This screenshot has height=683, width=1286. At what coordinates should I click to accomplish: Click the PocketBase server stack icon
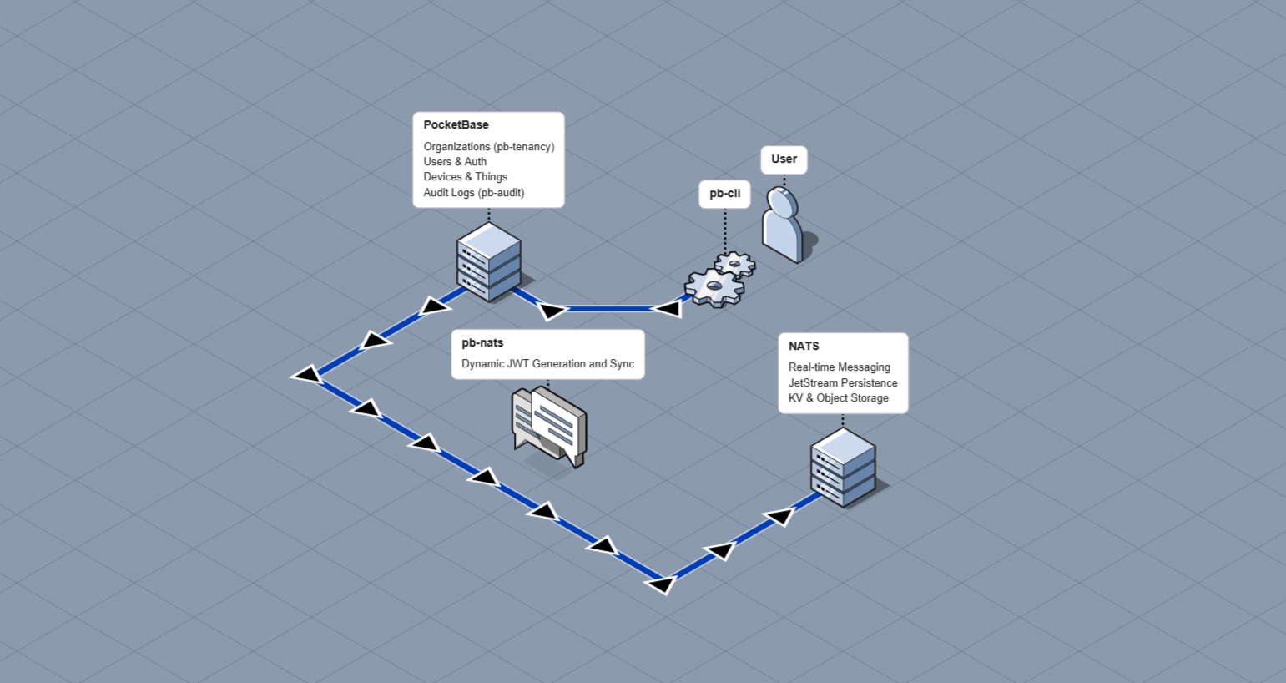point(488,261)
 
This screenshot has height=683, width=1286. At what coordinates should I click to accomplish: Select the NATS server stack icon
point(843,468)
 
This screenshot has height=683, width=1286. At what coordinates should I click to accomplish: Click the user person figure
point(782,225)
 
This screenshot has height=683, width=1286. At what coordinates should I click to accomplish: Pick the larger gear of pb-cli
point(714,288)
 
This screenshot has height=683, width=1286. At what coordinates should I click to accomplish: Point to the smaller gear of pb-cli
point(735,265)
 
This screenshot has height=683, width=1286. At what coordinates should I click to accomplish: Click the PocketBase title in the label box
point(456,125)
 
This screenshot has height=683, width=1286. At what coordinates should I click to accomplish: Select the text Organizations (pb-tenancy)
point(488,147)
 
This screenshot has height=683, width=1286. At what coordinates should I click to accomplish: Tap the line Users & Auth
point(455,162)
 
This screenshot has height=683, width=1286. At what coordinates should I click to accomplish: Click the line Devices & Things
point(465,177)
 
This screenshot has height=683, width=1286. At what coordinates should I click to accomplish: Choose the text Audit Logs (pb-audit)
point(473,193)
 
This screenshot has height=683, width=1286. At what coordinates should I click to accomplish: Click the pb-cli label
point(724,194)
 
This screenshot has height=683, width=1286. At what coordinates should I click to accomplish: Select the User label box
point(784,159)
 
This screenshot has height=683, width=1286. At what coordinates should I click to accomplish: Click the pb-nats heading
point(482,343)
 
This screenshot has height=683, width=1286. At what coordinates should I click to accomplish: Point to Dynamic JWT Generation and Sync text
point(547,364)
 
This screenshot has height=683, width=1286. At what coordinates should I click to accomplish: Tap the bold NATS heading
point(804,347)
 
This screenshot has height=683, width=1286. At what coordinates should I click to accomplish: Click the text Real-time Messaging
point(839,367)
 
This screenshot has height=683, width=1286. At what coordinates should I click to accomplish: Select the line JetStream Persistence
point(843,383)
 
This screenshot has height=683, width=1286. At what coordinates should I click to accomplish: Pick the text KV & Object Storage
point(838,398)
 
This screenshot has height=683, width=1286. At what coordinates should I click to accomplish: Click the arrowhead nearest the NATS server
point(779,517)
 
